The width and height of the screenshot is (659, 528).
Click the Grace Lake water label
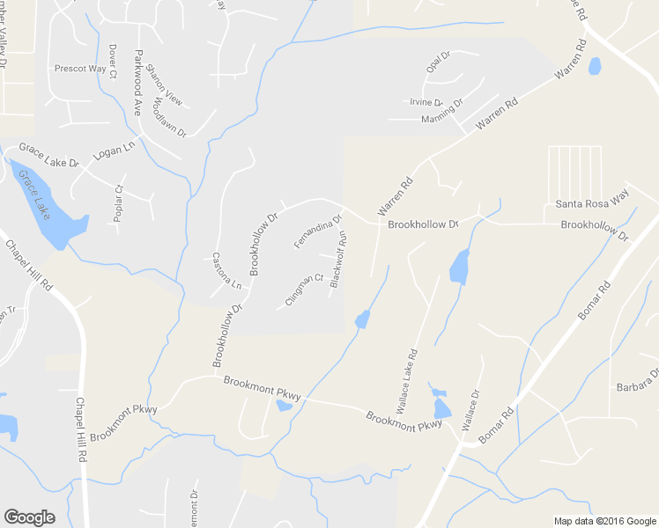pos(36,195)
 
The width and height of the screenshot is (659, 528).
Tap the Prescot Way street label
pos(80,69)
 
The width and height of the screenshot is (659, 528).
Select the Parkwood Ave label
pos(137,83)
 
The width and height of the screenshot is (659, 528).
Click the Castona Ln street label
pos(227,271)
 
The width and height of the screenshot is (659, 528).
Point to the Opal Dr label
pos(438,63)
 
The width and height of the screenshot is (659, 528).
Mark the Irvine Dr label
pos(426,103)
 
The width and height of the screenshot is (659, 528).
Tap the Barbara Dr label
pos(637,386)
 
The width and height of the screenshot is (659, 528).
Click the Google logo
pos(29,517)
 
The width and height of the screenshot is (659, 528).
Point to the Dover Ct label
pos(113,62)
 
